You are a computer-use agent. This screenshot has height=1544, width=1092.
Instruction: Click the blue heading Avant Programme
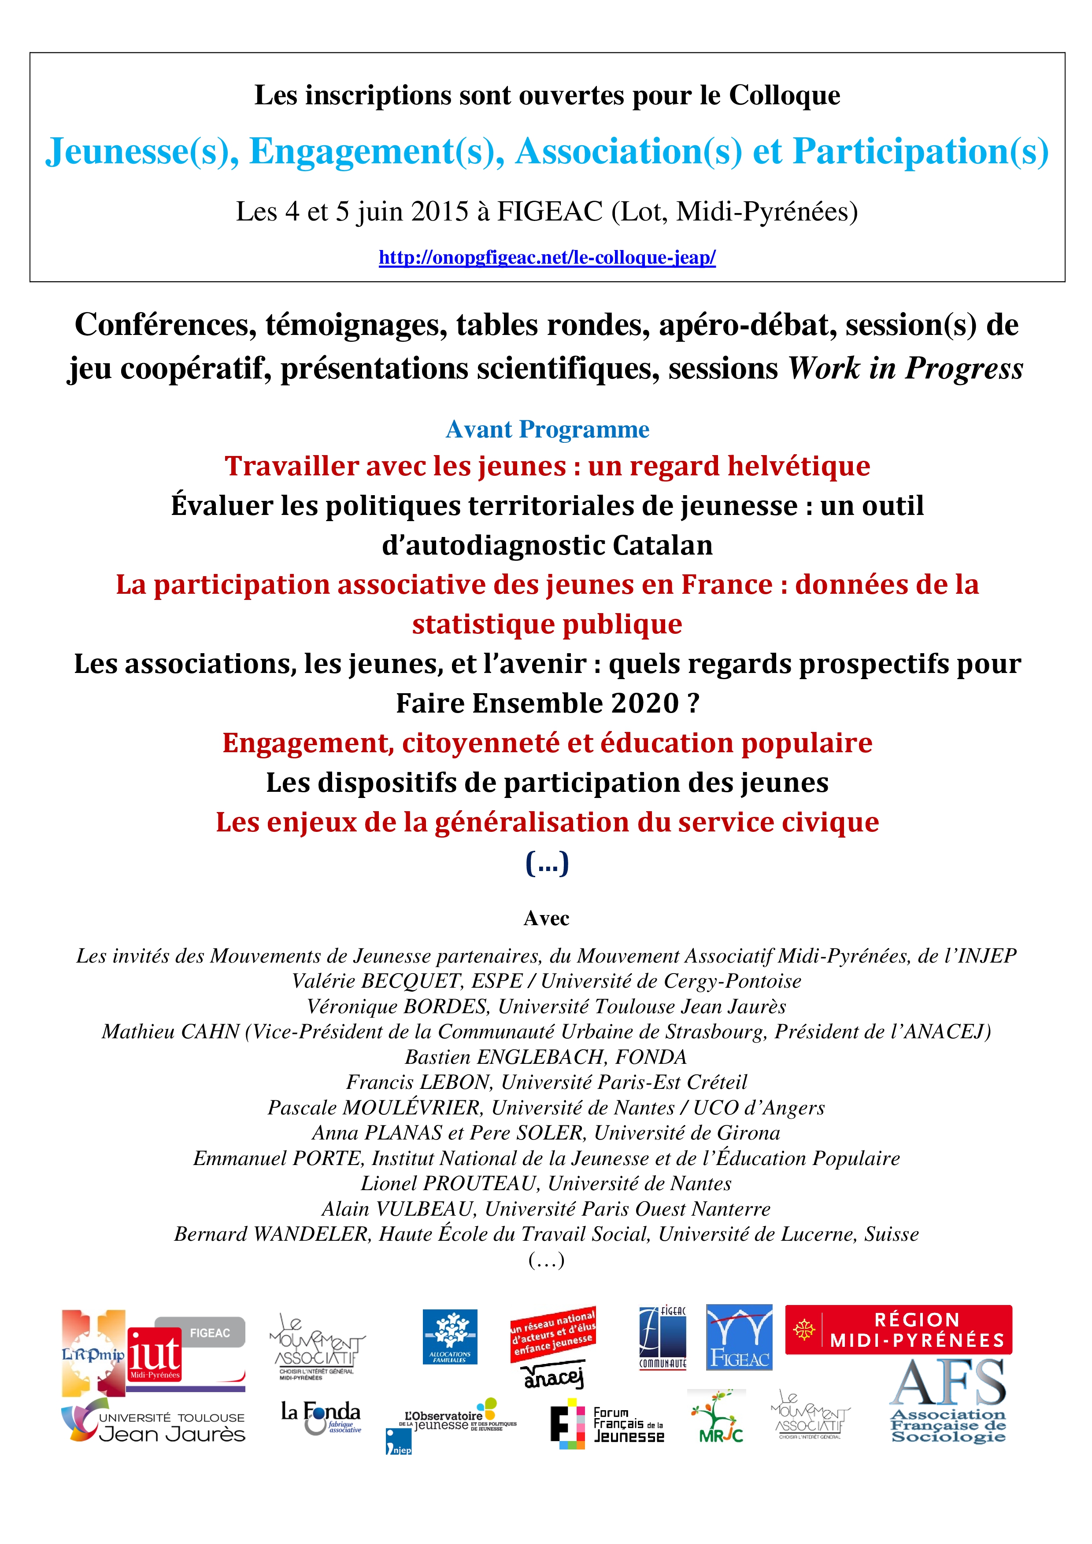tap(547, 429)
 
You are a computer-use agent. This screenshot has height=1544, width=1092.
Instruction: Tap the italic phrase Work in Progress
tap(905, 368)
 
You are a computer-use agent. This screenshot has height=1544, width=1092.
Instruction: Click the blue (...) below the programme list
tap(547, 863)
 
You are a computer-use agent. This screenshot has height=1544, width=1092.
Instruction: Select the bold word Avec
tap(546, 919)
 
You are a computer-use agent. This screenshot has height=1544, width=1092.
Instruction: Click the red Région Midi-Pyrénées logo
tap(898, 1330)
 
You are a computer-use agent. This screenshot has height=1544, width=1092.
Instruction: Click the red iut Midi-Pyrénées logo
tap(155, 1354)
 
